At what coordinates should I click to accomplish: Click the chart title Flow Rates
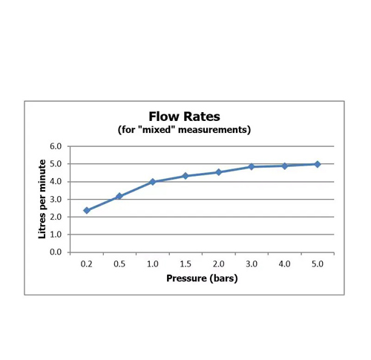click(x=184, y=117)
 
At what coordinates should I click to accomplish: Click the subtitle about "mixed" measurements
click(x=184, y=129)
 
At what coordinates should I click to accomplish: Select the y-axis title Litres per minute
click(x=42, y=199)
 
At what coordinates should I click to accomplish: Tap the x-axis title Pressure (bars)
click(x=202, y=278)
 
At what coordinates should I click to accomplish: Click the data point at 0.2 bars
click(x=87, y=210)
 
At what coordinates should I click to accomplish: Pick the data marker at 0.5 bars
click(x=119, y=196)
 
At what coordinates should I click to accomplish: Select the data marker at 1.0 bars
click(x=153, y=182)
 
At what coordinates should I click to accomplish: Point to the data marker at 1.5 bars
click(x=185, y=176)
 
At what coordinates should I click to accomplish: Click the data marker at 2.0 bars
click(x=219, y=172)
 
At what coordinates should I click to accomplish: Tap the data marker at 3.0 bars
click(x=252, y=166)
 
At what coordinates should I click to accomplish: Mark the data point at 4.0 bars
click(x=285, y=166)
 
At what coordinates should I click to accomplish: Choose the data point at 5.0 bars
click(x=318, y=164)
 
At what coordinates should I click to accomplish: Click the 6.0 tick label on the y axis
click(x=56, y=146)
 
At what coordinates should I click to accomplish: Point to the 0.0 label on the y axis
click(x=56, y=252)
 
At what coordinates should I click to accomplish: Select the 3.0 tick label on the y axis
click(x=56, y=200)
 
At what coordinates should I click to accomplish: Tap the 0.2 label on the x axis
click(x=87, y=264)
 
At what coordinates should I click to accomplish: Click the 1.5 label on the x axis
click(x=185, y=264)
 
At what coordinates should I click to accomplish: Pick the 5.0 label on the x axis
click(x=318, y=264)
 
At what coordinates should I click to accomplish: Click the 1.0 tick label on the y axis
click(x=56, y=235)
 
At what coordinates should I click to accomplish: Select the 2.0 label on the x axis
click(x=219, y=264)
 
